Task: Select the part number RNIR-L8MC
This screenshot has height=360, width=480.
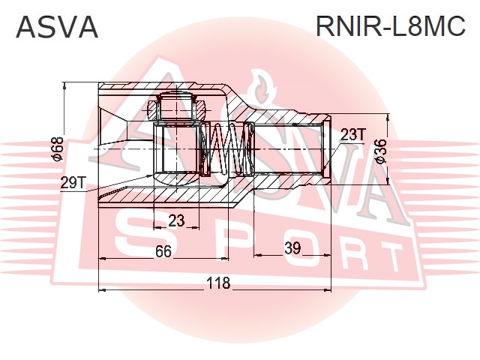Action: point(391,27)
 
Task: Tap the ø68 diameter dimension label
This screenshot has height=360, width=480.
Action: point(55,148)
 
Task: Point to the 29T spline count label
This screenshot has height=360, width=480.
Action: point(73,181)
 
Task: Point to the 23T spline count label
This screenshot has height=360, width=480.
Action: point(352,134)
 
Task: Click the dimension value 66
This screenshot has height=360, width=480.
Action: point(163,251)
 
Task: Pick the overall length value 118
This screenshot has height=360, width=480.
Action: point(218,283)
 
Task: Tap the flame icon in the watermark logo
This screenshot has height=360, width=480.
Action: point(261,88)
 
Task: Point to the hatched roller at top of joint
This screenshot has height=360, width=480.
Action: point(178,106)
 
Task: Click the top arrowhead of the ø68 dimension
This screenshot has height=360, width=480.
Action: point(66,84)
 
